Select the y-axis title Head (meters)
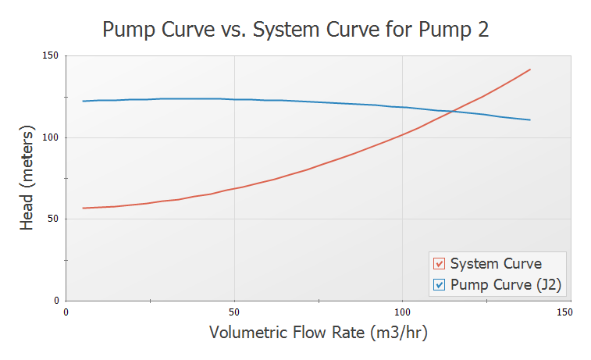tap(27, 178)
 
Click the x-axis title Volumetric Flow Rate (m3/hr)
tap(319, 332)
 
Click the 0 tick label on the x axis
tap(66, 312)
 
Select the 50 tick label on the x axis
tap(234, 312)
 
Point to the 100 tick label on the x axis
tap(402, 312)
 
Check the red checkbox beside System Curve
tap(439, 264)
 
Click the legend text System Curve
tap(496, 264)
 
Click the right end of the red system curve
tap(530, 70)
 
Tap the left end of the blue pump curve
tap(83, 101)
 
